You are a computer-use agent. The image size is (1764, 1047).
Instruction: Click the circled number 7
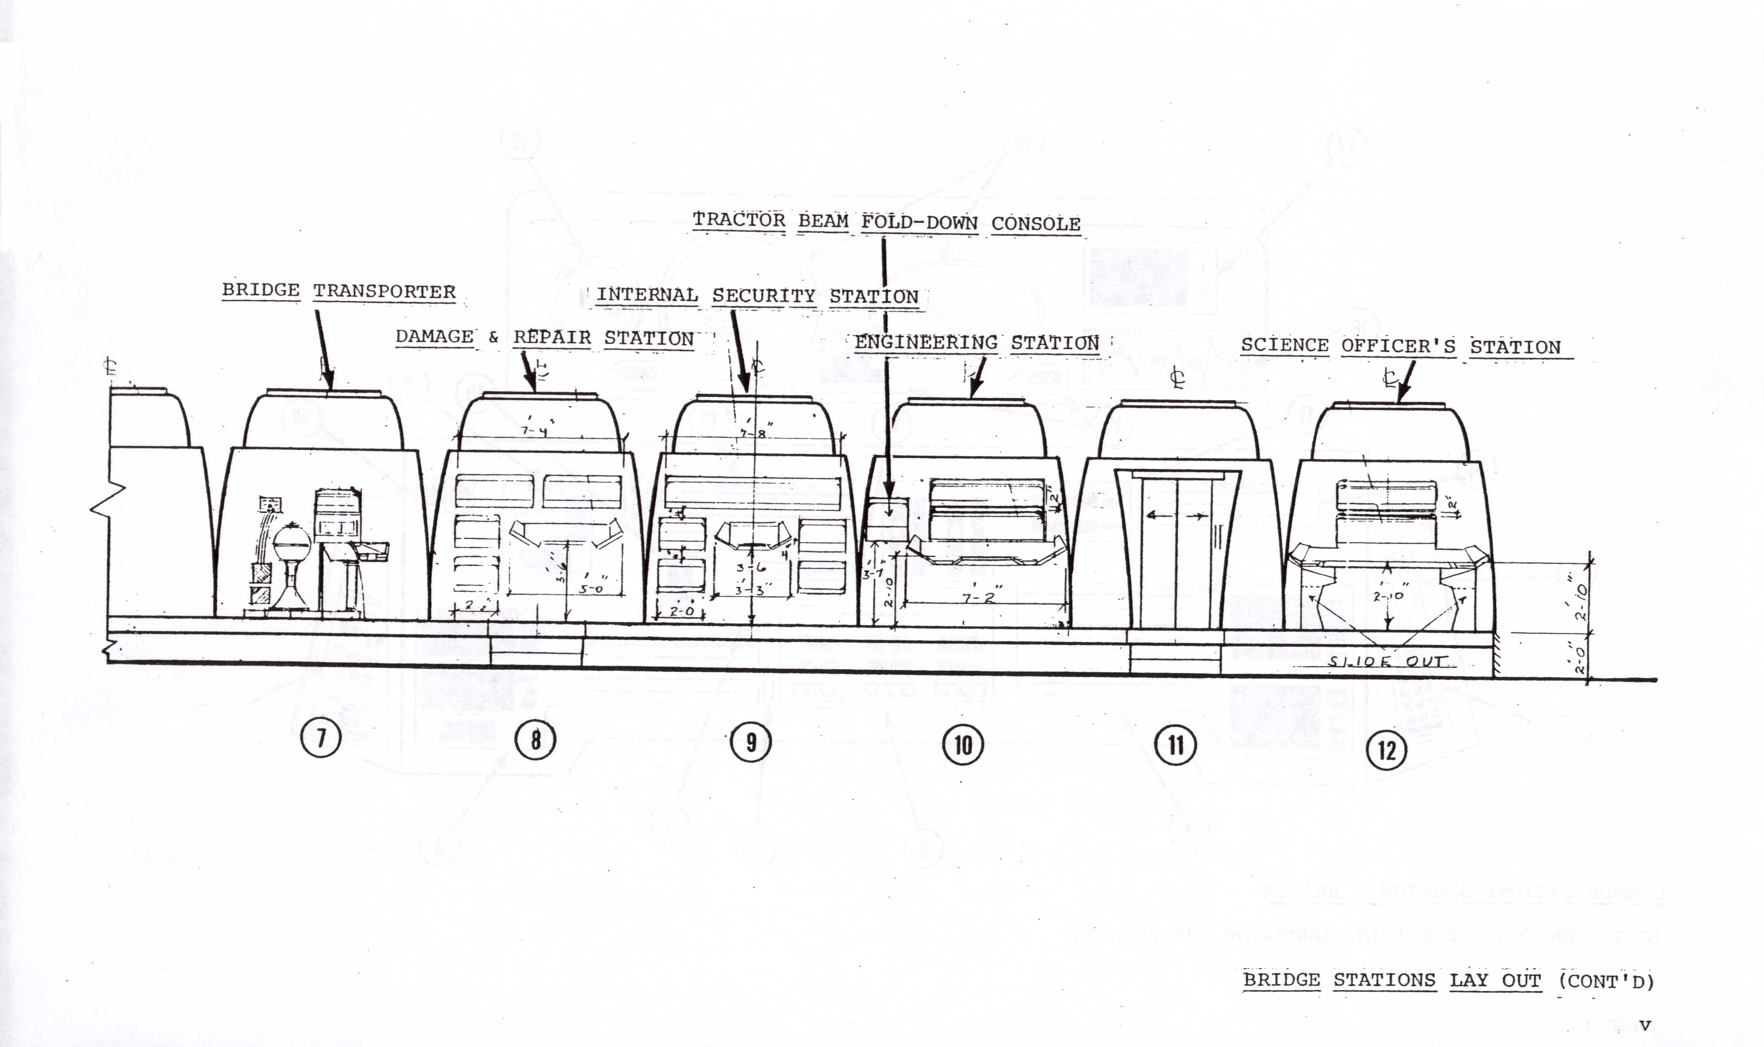click(x=321, y=739)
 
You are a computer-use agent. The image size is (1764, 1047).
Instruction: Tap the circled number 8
click(x=535, y=741)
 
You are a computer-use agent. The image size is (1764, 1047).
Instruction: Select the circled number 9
click(x=751, y=742)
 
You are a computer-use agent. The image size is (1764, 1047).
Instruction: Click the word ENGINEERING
click(x=926, y=343)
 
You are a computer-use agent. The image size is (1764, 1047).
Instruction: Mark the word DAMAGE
click(x=434, y=337)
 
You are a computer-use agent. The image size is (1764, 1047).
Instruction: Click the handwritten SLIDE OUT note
click(x=1387, y=662)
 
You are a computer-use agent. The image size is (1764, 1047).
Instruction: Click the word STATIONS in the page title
click(x=1384, y=981)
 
